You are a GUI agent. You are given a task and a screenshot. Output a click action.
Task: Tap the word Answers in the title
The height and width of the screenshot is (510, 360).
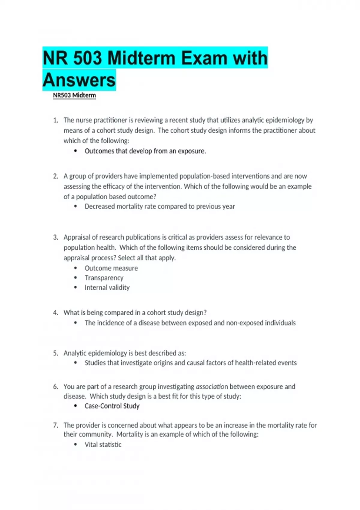click(x=79, y=80)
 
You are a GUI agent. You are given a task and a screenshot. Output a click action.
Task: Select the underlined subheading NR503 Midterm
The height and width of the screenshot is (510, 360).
click(x=74, y=95)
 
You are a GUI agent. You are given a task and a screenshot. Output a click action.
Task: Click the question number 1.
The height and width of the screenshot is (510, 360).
click(x=55, y=120)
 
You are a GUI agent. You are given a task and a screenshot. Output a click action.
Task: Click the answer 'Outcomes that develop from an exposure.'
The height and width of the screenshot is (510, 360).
click(x=145, y=151)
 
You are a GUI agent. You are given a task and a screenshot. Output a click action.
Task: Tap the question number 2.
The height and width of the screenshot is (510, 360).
click(x=55, y=176)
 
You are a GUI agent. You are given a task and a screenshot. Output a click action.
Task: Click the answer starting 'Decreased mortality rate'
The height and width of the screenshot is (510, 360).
click(x=160, y=206)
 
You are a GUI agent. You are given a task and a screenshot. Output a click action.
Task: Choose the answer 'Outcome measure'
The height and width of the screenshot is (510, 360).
click(x=111, y=268)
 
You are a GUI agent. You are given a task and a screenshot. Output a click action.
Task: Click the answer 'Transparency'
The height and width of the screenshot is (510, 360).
click(x=104, y=278)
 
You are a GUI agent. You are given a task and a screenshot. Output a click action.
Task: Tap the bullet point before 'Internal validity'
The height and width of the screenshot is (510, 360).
click(x=76, y=287)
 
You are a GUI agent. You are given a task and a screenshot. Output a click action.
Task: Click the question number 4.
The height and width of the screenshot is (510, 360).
click(x=55, y=313)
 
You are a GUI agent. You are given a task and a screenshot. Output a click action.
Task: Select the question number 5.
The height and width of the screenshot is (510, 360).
click(x=55, y=353)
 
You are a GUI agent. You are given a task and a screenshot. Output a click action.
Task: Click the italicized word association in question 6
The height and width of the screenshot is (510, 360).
click(x=212, y=386)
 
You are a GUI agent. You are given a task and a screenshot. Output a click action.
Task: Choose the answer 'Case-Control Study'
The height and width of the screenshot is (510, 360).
click(x=112, y=406)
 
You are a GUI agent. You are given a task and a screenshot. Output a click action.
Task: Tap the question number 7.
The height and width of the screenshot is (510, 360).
click(x=55, y=425)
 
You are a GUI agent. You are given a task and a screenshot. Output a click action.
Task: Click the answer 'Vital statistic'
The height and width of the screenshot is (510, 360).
click(x=103, y=445)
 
